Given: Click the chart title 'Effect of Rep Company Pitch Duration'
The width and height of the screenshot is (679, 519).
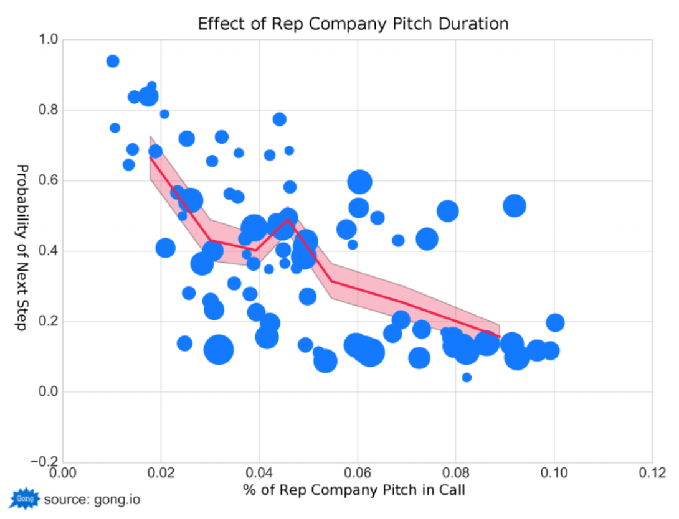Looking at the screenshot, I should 353,24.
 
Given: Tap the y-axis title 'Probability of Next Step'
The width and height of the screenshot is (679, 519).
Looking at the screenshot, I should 22,247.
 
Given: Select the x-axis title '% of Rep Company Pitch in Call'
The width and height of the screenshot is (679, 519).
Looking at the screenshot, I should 354,489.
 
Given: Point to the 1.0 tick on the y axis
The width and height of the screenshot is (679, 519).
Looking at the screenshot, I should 50,40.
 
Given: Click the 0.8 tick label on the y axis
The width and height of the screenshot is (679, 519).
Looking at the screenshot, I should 50,110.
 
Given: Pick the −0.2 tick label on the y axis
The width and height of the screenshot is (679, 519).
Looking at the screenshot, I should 45,462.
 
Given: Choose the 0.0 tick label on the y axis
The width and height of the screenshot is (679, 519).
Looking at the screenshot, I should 50,392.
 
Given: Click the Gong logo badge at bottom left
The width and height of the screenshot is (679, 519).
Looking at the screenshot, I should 25,499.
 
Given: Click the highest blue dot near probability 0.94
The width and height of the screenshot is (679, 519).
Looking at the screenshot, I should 113,61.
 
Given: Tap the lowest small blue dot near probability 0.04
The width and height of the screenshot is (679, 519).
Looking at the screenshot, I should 467,377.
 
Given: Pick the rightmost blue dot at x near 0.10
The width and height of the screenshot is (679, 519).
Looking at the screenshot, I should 555,322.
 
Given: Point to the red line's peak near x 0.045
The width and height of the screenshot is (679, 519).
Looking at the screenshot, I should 287,218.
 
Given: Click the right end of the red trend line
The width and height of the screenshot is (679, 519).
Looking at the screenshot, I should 500,337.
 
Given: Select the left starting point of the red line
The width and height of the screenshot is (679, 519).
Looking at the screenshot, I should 150,157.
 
